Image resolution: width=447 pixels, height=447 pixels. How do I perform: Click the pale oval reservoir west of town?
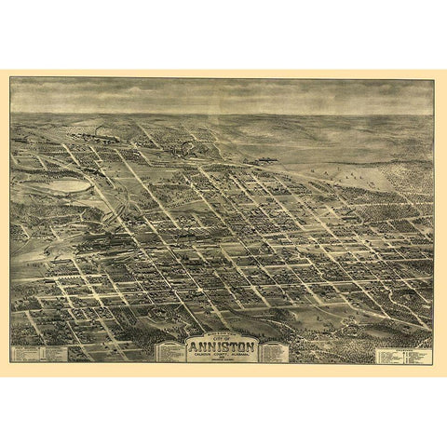67,186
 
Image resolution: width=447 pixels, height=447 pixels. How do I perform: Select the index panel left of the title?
170,351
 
